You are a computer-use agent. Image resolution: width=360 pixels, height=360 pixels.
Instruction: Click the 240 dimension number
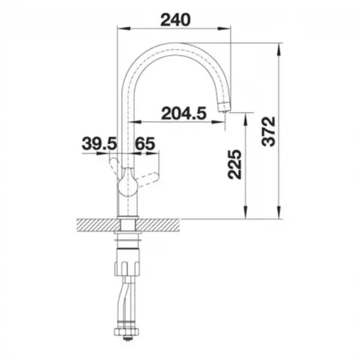pos(175,20)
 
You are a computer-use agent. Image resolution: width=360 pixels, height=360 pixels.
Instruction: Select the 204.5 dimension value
pos(184,113)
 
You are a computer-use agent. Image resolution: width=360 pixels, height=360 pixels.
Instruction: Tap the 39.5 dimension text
pos(100,143)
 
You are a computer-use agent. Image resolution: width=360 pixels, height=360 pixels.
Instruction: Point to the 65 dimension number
pos(145,143)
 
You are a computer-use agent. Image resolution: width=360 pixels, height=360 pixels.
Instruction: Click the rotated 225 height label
pos(235,164)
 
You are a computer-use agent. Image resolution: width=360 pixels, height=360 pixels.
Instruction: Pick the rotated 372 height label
pos(268,131)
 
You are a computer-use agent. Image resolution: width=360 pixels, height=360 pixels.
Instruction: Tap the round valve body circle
pos(128,184)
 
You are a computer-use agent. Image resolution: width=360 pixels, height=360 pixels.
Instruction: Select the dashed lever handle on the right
pos(148,179)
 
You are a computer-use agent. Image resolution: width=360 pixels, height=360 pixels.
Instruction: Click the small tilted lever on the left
pos(115,166)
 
